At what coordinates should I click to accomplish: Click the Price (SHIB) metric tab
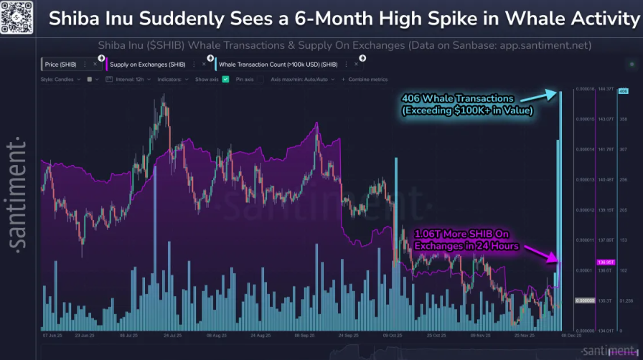[x=62, y=64]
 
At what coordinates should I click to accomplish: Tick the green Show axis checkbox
[x=226, y=79]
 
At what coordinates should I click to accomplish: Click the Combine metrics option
[x=367, y=79]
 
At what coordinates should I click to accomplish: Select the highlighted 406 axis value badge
[x=622, y=90]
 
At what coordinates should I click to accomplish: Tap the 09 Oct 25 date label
[x=392, y=334]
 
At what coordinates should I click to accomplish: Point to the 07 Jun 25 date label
[x=54, y=334]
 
